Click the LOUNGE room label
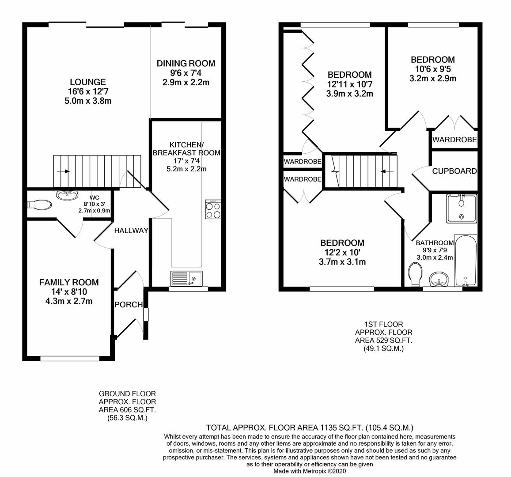click(x=87, y=82)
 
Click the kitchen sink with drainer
click(x=185, y=278)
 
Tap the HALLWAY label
click(x=131, y=231)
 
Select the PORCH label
click(x=129, y=305)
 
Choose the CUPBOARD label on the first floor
click(x=454, y=171)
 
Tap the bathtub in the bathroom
click(x=466, y=261)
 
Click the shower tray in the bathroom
click(x=462, y=208)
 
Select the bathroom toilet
click(x=415, y=274)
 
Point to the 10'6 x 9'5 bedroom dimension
click(x=432, y=69)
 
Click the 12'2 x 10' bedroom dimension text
click(x=342, y=253)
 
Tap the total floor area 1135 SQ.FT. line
click(x=310, y=428)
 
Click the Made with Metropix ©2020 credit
click(x=310, y=471)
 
